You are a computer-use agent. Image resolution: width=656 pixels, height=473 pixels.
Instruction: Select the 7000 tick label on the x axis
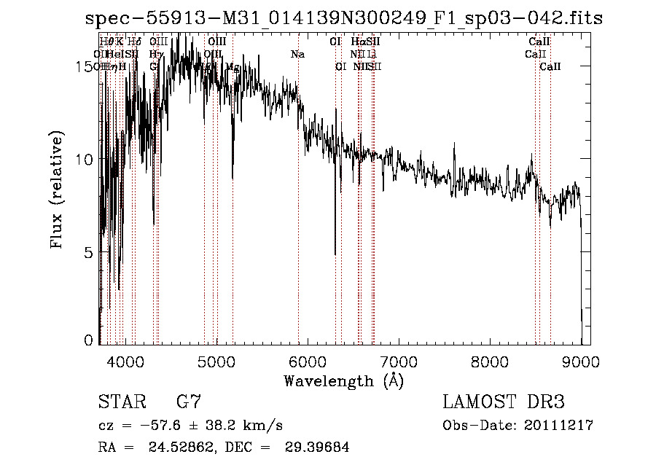point(399,360)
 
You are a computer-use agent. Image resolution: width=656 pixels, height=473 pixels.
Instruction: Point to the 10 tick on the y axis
point(85,160)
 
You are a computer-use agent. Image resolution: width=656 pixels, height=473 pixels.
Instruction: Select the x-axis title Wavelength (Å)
point(343,380)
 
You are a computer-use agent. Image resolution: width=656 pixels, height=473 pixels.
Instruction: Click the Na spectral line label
point(297,54)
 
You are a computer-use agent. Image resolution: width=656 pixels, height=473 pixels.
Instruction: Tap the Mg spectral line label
point(233,66)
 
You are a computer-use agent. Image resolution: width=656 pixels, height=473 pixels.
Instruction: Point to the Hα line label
point(357,42)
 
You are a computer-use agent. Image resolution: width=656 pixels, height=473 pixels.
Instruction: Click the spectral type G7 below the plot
point(189,402)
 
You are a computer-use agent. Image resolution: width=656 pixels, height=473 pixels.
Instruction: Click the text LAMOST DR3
point(504,402)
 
